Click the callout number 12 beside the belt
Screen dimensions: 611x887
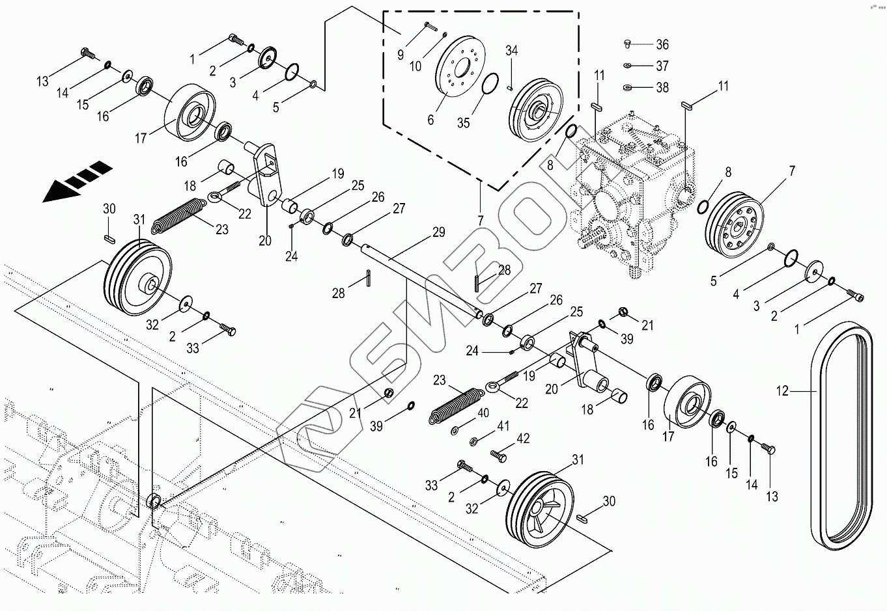pos(782,391)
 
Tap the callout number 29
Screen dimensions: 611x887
pos(438,232)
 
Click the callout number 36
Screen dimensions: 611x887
pos(662,45)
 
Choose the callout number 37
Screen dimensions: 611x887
pos(662,66)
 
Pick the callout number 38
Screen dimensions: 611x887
pos(662,87)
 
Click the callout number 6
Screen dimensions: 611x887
pos(430,119)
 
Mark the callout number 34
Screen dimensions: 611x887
pos(511,51)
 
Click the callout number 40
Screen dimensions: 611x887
pos(483,413)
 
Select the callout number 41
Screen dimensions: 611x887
pos(503,427)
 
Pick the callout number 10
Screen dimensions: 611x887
pos(415,66)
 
